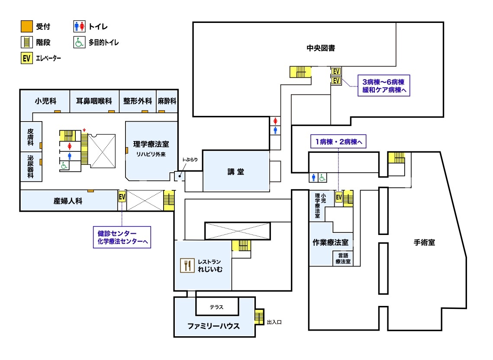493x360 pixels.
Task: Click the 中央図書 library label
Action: [x=321, y=48]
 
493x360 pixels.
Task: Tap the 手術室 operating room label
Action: [x=424, y=242]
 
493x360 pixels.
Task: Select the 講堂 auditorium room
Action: [x=236, y=171]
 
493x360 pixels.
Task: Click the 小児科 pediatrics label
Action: [x=45, y=101]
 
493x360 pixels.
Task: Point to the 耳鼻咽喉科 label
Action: [x=94, y=101]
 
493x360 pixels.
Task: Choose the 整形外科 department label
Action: [x=138, y=101]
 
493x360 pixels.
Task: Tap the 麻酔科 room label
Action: [x=167, y=101]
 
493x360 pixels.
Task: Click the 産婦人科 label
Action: [x=68, y=201]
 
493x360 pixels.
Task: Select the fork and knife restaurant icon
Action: [x=187, y=265]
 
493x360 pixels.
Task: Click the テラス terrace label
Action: [x=216, y=307]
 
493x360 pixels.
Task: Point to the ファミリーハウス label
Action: [x=213, y=326]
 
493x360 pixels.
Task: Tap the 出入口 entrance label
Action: [x=274, y=322]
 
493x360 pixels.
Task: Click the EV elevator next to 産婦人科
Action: [x=122, y=197]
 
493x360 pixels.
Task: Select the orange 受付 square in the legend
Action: [x=27, y=26]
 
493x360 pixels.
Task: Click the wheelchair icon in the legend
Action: [x=79, y=42]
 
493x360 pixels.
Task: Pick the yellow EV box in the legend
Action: [x=27, y=58]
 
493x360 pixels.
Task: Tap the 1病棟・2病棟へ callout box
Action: [x=338, y=141]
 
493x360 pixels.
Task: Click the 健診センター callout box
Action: [x=122, y=238]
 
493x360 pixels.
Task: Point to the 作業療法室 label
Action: [x=330, y=242]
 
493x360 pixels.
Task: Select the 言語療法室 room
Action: [x=343, y=258]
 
